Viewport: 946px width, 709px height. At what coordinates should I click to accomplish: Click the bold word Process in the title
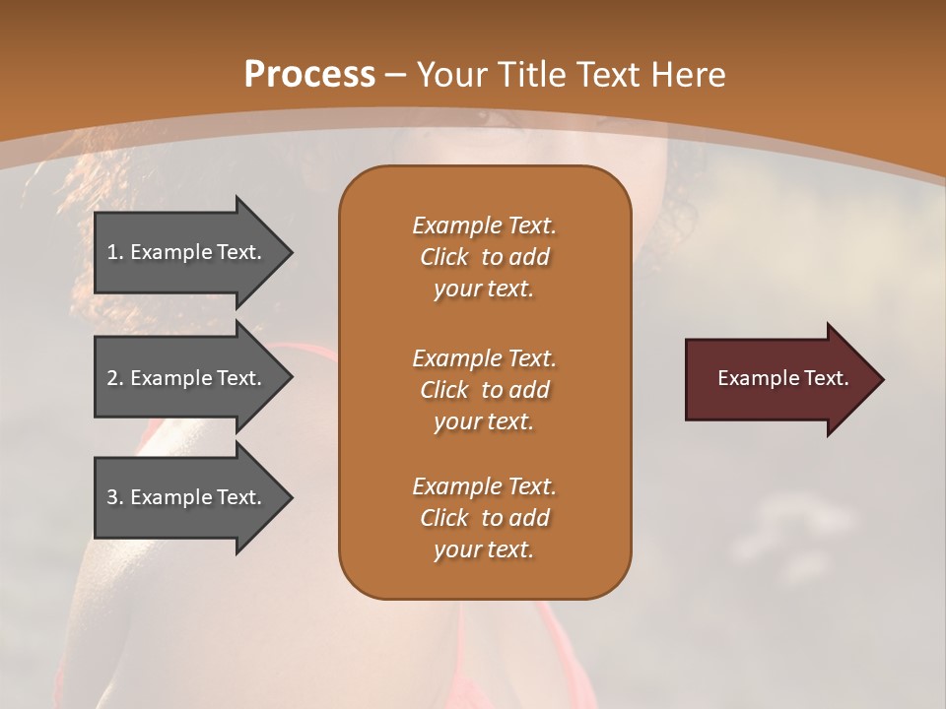(x=309, y=75)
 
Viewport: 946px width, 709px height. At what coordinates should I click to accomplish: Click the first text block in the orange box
(x=484, y=257)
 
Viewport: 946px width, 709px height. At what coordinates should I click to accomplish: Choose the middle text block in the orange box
(x=484, y=390)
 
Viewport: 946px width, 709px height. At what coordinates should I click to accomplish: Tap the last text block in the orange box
(x=484, y=518)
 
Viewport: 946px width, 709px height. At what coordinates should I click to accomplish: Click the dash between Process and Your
(x=396, y=75)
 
